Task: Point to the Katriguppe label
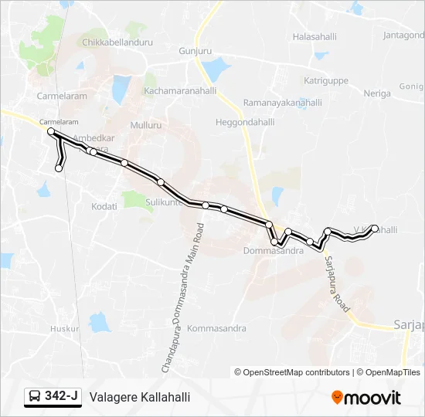[x=328, y=80]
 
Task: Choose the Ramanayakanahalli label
[x=282, y=102]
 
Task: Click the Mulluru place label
[x=146, y=124]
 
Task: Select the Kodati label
[x=104, y=206]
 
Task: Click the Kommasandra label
[x=217, y=328]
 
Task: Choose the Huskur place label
[x=65, y=328]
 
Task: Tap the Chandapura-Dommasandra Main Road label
[x=184, y=298]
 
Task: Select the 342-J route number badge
[x=53, y=397]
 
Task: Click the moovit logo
[x=366, y=398]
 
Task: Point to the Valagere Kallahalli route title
[x=140, y=397]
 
